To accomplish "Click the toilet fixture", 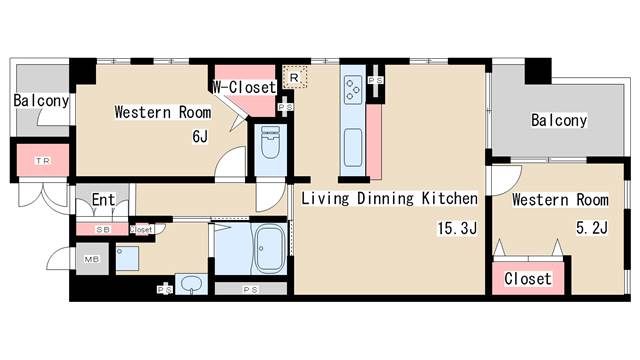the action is (x=270, y=142).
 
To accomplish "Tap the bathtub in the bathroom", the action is (x=269, y=249).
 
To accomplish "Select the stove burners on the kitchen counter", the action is (x=353, y=89).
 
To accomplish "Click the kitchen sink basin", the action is (x=353, y=147).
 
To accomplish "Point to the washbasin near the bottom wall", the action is (x=191, y=283).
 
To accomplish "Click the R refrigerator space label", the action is (x=294, y=77).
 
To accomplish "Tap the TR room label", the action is (x=43, y=161).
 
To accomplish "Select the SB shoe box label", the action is (x=103, y=230).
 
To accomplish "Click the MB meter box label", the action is (x=92, y=259).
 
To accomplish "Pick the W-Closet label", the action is (x=244, y=87).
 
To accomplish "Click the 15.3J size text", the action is (x=457, y=228).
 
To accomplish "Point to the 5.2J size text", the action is (x=592, y=227).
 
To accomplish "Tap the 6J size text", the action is (x=200, y=136).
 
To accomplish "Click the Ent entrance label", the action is (x=103, y=200).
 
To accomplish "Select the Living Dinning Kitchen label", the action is (x=389, y=198).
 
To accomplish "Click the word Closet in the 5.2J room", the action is (x=528, y=279).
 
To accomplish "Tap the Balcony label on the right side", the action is (x=559, y=120).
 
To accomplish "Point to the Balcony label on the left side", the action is (x=41, y=100).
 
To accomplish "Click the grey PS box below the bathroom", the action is (x=251, y=289).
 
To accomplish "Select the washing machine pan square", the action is (x=127, y=258).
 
